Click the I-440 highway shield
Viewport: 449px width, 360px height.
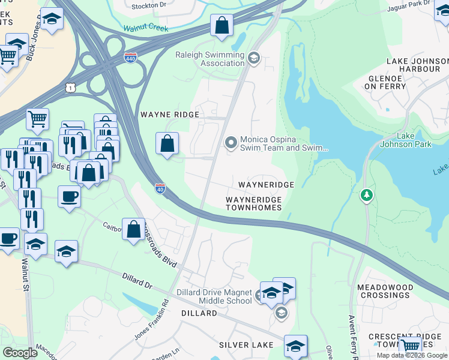[x=130, y=58]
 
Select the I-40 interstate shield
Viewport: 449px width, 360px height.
[x=160, y=188]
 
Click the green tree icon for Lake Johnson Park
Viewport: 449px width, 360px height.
[x=366, y=195]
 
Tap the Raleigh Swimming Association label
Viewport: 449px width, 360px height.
[x=209, y=59]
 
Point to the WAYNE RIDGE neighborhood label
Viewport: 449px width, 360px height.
[x=164, y=114]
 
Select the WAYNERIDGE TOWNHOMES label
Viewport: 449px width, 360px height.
[x=254, y=203]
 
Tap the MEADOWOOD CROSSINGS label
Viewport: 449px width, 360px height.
[x=384, y=291]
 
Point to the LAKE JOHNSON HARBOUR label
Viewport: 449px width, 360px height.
[x=417, y=65]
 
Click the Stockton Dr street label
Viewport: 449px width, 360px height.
[x=149, y=5]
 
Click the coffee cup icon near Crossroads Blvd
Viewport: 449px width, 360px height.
[x=69, y=196]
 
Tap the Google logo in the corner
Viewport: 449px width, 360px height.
[x=20, y=353]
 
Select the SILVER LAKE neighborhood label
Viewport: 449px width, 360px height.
[x=246, y=345]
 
